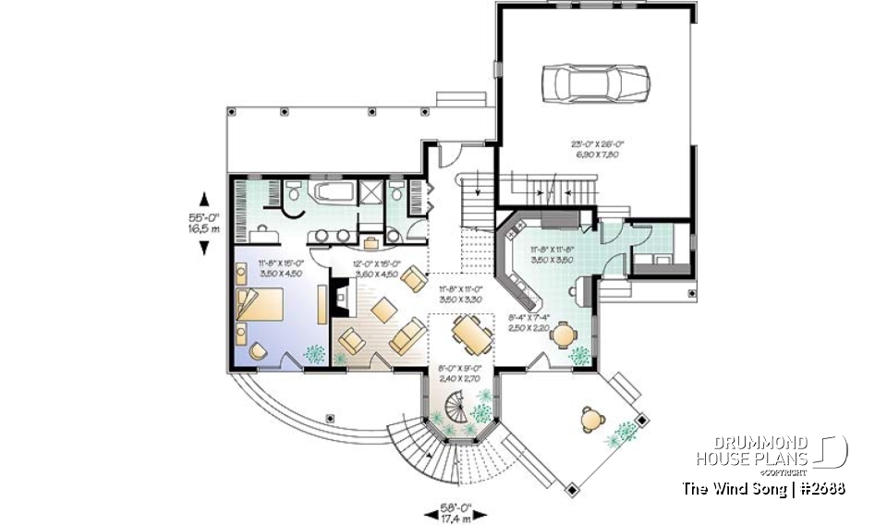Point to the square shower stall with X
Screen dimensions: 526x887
[371, 193]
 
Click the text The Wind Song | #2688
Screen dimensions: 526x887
[763, 488]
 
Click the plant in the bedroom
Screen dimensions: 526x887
[314, 352]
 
